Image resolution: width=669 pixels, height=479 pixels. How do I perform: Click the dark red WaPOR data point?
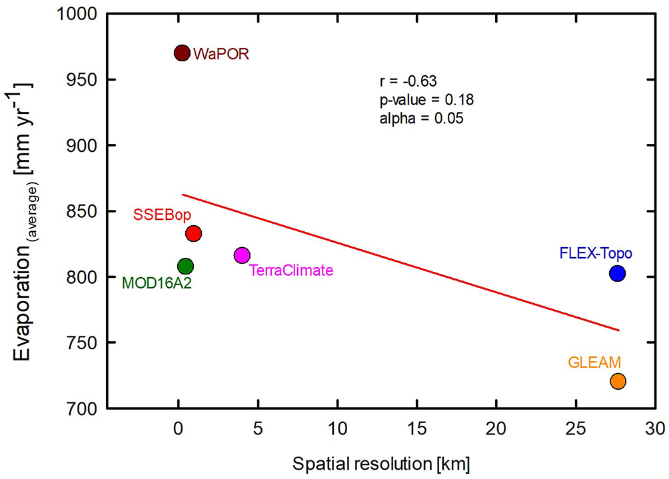tap(182, 53)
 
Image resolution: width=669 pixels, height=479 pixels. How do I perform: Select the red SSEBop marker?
tap(193, 233)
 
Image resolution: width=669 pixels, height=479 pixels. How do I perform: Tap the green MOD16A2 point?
tap(186, 266)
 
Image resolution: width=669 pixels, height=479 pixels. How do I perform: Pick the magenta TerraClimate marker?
tap(242, 255)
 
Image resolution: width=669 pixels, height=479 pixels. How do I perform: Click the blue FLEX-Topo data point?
tap(617, 273)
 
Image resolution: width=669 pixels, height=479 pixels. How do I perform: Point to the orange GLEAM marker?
tap(618, 381)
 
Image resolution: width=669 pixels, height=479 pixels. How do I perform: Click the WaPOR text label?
tap(221, 55)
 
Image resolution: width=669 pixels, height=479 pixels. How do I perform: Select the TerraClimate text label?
tap(291, 270)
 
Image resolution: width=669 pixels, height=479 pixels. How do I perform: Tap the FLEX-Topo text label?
tap(596, 253)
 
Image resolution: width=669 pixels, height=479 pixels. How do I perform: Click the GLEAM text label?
tap(594, 362)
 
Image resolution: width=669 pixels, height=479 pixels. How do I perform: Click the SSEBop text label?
tap(163, 215)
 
